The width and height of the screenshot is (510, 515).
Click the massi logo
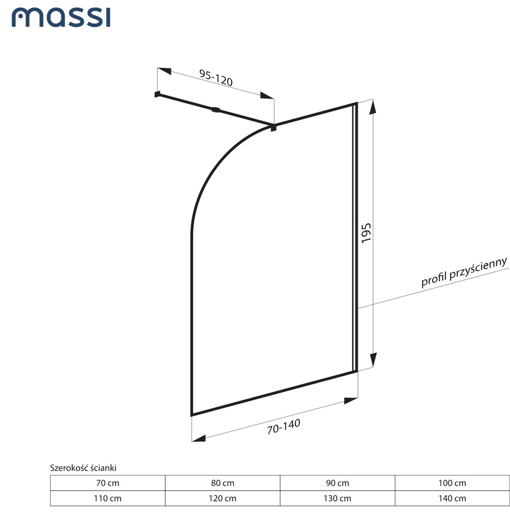point(61,18)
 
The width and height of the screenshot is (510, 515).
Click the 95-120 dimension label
point(216,78)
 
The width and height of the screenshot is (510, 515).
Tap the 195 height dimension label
point(366,233)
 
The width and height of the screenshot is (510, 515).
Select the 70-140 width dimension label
point(284,426)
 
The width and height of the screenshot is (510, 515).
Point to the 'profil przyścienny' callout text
point(465,272)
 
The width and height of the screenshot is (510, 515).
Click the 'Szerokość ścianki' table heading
point(83,468)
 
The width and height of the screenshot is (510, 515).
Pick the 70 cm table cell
point(108,483)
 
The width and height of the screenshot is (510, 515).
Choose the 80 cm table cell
point(222,483)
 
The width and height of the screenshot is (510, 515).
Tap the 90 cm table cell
point(337,483)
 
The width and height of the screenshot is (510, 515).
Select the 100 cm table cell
point(452,483)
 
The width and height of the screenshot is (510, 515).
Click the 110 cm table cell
point(108,498)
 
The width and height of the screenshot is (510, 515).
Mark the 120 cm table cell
point(222,498)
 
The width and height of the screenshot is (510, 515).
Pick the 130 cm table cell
point(337,498)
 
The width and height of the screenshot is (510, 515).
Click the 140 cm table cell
point(452,498)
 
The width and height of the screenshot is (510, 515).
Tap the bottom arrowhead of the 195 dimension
point(373,360)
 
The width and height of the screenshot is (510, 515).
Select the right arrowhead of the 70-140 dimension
point(350,401)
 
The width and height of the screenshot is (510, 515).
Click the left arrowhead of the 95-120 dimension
point(164,71)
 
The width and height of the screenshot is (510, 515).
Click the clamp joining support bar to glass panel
point(273,127)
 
